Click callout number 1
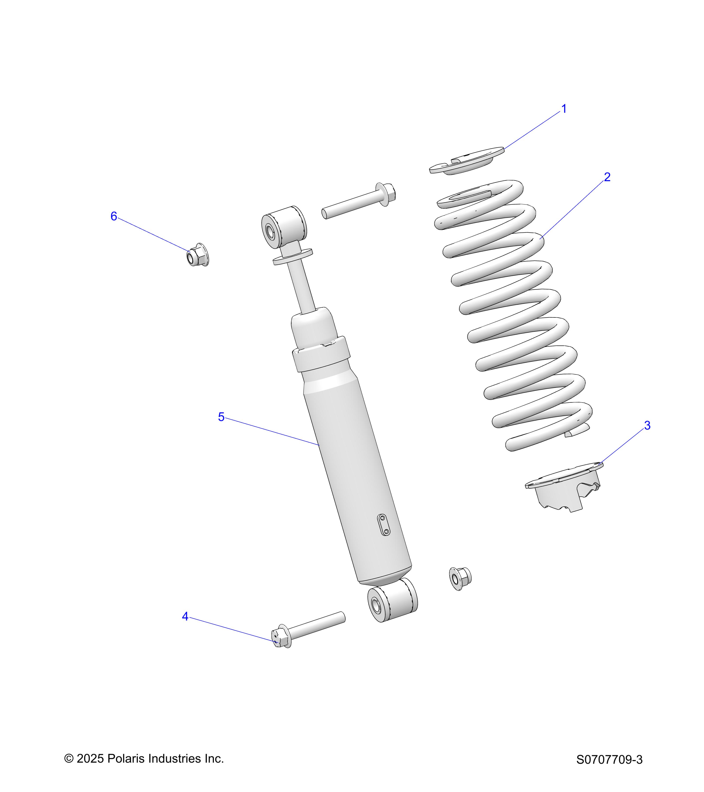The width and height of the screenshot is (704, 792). (564, 109)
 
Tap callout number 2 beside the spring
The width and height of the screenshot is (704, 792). (607, 177)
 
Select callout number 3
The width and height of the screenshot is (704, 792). (647, 425)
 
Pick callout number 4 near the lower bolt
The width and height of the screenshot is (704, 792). (185, 616)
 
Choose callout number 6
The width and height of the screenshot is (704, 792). (114, 216)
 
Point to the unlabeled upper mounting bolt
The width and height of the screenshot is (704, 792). (358, 202)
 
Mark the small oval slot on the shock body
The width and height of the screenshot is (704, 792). (384, 525)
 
